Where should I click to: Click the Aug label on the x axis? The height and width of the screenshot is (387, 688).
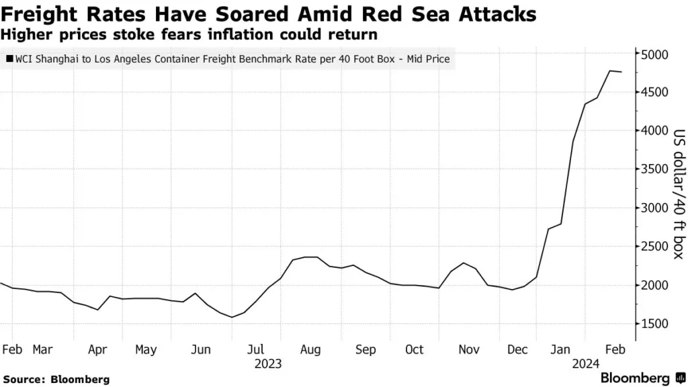310,349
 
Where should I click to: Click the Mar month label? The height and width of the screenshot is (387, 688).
42,349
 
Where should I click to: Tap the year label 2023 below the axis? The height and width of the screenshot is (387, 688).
268,364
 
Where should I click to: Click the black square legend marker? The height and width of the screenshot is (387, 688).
9,59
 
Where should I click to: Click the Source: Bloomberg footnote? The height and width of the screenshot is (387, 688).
55,379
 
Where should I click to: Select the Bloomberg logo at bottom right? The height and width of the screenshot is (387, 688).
634,378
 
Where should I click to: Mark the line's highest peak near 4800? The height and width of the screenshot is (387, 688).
610,71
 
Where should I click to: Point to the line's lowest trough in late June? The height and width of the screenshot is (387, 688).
232,317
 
